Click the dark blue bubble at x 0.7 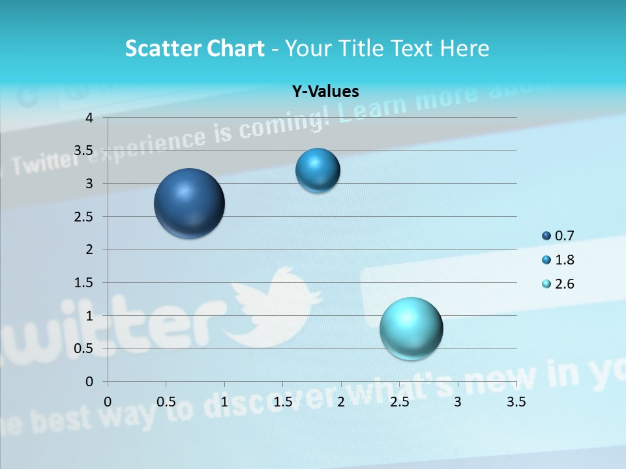[189, 203]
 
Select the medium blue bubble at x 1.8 [318, 171]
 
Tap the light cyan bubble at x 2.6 [411, 328]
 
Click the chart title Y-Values [325, 92]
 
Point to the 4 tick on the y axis [89, 118]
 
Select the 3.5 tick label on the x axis [516, 401]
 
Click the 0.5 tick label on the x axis [166, 401]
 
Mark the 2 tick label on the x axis [340, 401]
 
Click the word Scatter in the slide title [162, 48]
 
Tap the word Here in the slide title [464, 48]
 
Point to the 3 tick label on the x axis [457, 401]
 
